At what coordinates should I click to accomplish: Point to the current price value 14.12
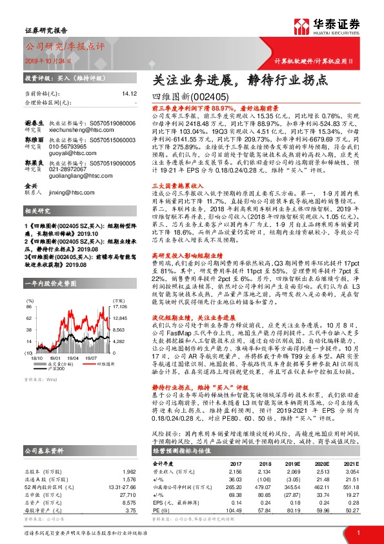[129, 94]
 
